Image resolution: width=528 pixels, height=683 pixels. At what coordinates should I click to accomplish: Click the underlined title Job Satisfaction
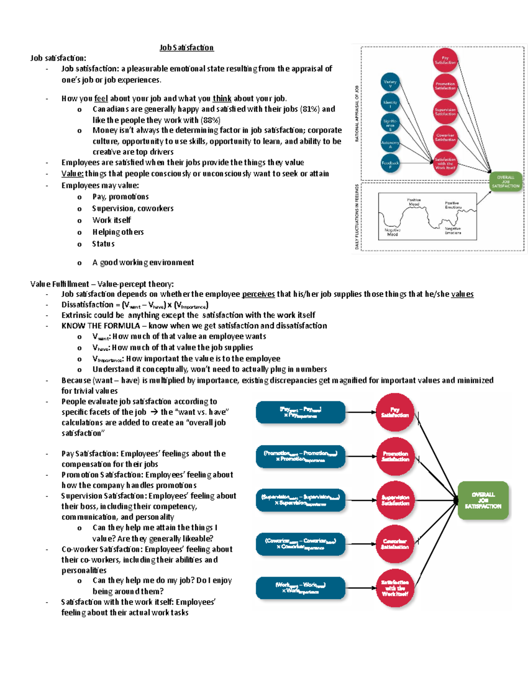187,47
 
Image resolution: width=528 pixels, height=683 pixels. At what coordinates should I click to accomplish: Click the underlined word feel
101,99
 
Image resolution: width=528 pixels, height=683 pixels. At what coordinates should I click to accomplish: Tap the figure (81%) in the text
310,109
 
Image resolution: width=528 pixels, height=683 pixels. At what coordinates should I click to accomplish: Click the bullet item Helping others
118,232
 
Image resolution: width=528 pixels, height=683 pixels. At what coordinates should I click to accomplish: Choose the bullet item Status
103,244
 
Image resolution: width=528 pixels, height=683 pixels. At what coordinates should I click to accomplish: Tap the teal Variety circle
390,83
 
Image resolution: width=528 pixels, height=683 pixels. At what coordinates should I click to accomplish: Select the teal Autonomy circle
390,143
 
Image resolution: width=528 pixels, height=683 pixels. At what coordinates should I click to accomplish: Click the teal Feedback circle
390,164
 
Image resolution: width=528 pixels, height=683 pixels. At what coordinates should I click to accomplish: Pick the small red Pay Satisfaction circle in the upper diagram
445,60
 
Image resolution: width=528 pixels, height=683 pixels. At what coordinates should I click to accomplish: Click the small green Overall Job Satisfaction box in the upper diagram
506,181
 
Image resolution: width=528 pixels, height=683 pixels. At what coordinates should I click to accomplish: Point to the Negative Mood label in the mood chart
392,232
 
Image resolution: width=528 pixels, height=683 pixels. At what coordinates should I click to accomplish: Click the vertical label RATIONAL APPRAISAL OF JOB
357,113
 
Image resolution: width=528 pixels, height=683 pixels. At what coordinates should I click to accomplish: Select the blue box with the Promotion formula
301,457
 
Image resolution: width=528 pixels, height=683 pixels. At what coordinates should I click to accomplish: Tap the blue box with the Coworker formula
301,544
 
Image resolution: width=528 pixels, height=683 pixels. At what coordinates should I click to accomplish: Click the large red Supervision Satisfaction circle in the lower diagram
395,500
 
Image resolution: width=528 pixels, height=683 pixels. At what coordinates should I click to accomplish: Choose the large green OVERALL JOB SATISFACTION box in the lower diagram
483,500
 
